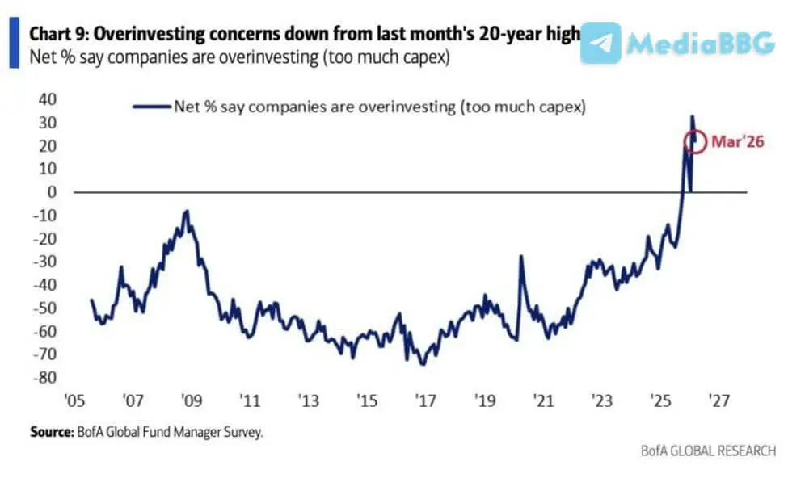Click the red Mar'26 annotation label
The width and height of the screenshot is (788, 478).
pyautogui.click(x=737, y=142)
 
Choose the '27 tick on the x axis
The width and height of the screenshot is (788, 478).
pyautogui.click(x=719, y=401)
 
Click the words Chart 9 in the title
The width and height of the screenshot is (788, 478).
pyautogui.click(x=53, y=36)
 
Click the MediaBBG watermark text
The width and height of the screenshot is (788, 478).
pyautogui.click(x=701, y=44)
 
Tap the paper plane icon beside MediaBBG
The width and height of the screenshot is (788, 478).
pyautogui.click(x=600, y=44)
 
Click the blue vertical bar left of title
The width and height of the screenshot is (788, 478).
pyautogui.click(x=13, y=45)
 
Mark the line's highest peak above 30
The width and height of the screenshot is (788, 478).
pyautogui.click(x=692, y=116)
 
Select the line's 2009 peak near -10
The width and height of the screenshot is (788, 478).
pyautogui.click(x=188, y=212)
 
